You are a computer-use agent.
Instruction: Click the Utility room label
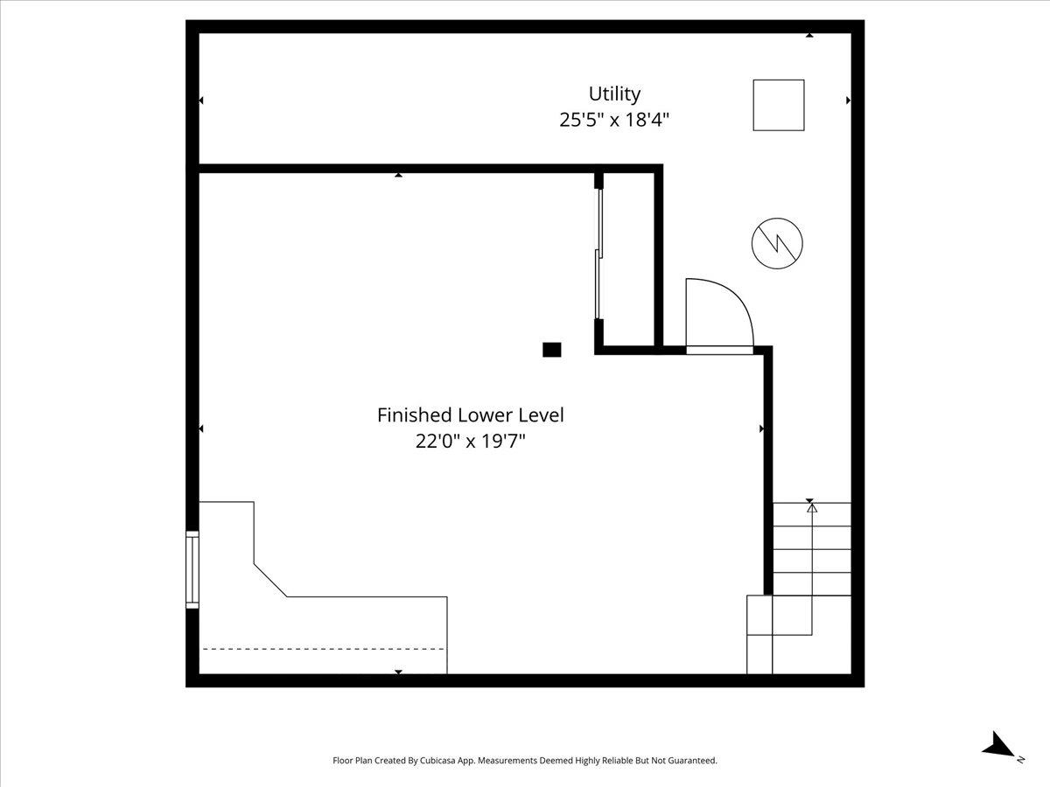614,94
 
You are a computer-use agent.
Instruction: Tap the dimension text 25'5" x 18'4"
614,120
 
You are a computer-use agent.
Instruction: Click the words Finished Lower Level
471,414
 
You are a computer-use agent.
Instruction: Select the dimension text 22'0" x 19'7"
471,441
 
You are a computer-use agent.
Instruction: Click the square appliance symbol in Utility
778,105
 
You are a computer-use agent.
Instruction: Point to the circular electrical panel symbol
777,243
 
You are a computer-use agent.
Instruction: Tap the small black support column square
551,350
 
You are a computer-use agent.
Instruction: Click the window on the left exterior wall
192,569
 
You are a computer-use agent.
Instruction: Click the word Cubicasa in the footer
437,760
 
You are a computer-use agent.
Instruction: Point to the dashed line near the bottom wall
324,649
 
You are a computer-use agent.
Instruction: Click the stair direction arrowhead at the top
812,508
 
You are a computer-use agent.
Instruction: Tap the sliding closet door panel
598,254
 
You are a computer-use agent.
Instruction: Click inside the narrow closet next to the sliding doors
628,259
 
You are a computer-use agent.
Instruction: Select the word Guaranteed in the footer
695,760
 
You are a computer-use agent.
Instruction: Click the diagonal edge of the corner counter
270,580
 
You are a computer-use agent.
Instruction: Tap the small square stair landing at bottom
759,615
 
